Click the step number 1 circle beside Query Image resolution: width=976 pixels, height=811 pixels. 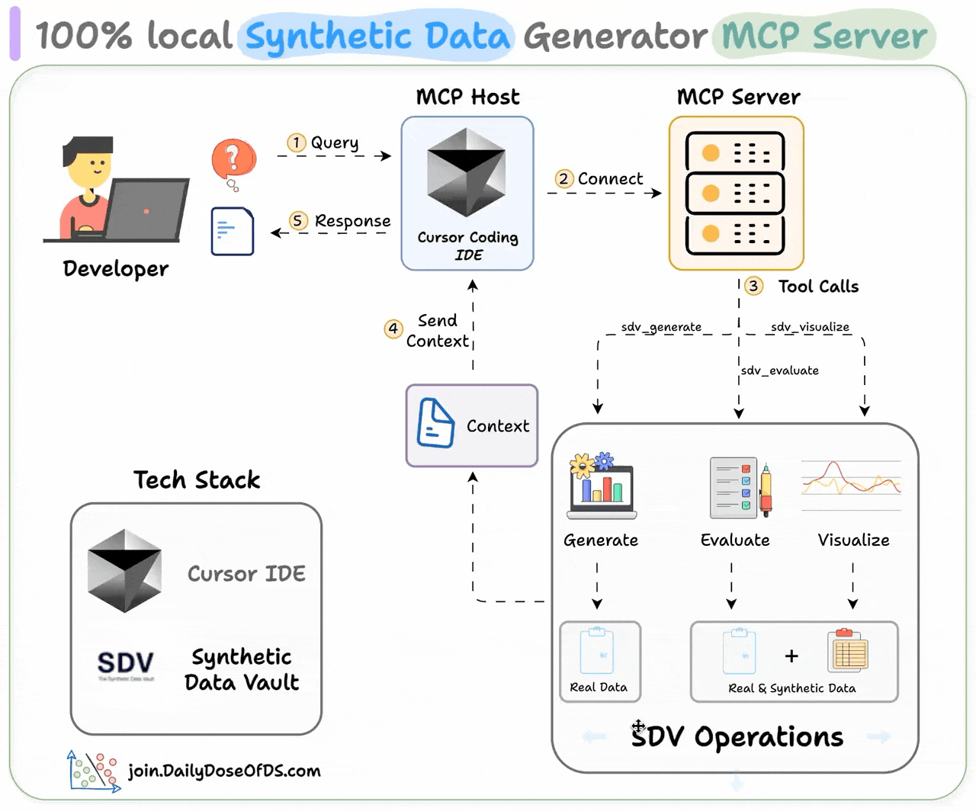coord(297,143)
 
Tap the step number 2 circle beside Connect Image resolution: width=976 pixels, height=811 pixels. coord(563,179)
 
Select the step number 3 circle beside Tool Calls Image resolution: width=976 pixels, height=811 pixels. coord(753,286)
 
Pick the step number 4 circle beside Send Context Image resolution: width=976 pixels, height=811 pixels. coord(393,329)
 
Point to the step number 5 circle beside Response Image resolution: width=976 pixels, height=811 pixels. coord(298,221)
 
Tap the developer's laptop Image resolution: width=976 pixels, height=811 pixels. coord(146,210)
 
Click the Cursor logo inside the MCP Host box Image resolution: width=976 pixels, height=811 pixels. coord(467,172)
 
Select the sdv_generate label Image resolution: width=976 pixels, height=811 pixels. coord(661,327)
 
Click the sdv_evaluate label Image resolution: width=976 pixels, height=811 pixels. coord(779,370)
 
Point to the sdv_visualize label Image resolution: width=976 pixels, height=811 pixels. coord(810,327)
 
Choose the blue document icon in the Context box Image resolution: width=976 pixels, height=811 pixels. coord(435,423)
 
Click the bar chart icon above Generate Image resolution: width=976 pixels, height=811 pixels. coord(602,486)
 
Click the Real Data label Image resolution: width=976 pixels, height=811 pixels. coord(599,688)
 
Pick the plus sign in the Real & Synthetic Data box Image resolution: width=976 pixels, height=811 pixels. coord(791,656)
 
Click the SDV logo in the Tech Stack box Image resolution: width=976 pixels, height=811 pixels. coord(126,663)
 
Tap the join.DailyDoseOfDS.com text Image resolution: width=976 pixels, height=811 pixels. coord(224,771)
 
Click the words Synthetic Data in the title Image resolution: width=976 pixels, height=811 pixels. coord(377,36)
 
